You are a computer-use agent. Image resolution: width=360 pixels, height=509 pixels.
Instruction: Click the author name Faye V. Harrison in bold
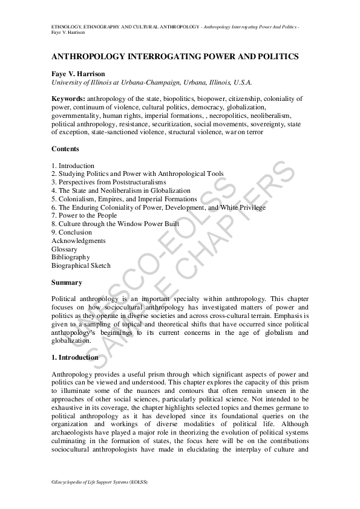pos(79,74)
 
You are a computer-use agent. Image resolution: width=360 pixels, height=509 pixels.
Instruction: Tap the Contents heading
pos(65,149)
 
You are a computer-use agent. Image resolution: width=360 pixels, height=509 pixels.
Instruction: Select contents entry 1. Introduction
pos(73,166)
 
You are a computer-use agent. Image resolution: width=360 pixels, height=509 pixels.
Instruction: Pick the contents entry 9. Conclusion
pos(72,232)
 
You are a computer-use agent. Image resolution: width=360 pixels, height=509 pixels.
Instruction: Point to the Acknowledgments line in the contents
pos(79,241)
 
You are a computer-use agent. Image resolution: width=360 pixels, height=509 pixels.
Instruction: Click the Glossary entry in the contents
pos(65,249)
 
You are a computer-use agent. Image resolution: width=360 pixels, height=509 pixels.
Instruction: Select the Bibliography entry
pos(71,257)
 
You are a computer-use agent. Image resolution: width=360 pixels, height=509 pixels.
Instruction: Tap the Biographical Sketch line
pos(81,265)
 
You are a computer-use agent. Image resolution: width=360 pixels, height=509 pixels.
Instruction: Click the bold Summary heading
pos(67,282)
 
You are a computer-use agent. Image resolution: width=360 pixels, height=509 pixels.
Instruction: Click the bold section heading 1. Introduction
pos(75,357)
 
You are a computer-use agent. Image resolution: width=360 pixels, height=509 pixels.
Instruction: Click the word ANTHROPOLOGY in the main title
pos(90,56)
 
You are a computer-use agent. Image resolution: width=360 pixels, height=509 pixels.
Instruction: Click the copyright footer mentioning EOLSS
pos(100,482)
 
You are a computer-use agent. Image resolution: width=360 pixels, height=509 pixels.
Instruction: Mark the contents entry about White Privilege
pos(242,207)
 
